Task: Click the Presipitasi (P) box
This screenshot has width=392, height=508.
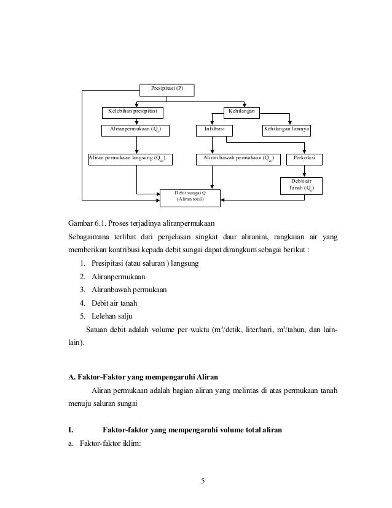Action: pos(167,90)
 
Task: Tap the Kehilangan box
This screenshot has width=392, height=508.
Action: pos(241,112)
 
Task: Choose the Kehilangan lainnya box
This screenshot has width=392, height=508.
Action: pos(286,130)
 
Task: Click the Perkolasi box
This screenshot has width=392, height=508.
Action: pos(304,159)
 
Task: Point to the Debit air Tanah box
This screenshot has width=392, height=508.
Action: pos(300,185)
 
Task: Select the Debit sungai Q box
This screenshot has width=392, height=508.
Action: pos(190,196)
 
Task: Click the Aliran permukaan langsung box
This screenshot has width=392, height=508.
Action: pos(130,159)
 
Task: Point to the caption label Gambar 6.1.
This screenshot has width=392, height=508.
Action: pos(87,222)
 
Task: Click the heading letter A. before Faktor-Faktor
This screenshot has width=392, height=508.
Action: pos(71,375)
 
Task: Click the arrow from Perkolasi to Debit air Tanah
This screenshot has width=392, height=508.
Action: pos(305,172)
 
